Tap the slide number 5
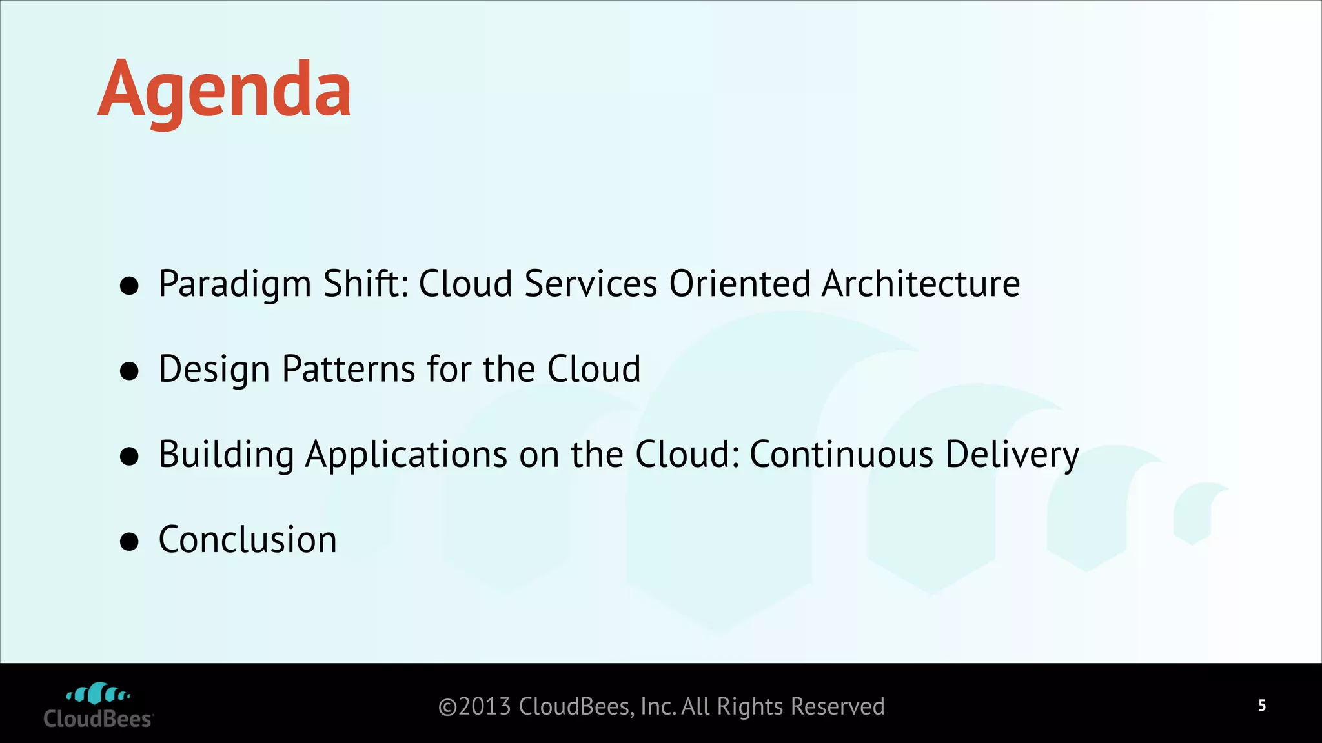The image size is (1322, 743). [1261, 706]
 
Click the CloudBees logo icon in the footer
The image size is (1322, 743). [99, 694]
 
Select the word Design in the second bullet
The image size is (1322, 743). [214, 370]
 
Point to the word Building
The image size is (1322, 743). [226, 455]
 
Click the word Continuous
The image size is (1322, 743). [841, 454]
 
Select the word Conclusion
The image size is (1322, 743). [248, 540]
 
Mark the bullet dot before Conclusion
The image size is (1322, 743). [130, 542]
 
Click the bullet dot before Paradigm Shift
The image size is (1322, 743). [130, 286]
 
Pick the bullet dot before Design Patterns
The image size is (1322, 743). [130, 371]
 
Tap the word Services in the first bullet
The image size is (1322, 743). [591, 284]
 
